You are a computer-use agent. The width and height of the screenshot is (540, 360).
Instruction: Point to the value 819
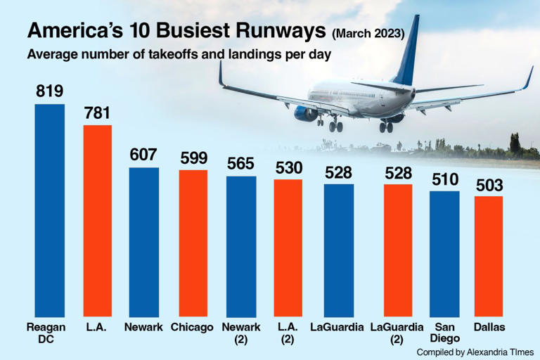(50, 91)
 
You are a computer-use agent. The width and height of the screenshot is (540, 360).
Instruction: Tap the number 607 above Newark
(143, 155)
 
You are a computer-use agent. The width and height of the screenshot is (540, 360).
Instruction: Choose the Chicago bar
(193, 243)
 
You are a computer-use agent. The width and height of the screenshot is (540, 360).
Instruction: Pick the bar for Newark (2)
(241, 245)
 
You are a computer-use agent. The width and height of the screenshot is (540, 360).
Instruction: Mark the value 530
(288, 167)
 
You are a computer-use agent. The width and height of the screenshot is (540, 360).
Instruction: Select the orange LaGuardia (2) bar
(398, 250)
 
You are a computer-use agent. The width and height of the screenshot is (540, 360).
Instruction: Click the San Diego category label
(444, 332)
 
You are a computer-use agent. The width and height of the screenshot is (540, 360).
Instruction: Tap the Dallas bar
(489, 256)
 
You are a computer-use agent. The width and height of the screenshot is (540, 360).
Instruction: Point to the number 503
(489, 184)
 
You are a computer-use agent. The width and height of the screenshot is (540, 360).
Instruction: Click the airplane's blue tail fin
(407, 53)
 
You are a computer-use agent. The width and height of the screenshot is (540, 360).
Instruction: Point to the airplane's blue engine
(306, 113)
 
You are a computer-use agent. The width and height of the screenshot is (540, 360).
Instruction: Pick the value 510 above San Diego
(444, 178)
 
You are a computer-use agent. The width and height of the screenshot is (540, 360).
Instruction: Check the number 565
(241, 163)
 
